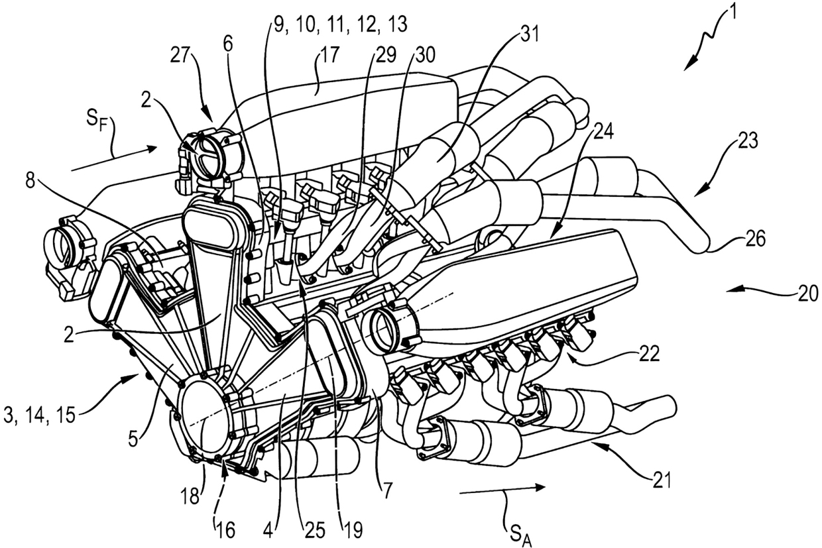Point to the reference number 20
809,292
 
